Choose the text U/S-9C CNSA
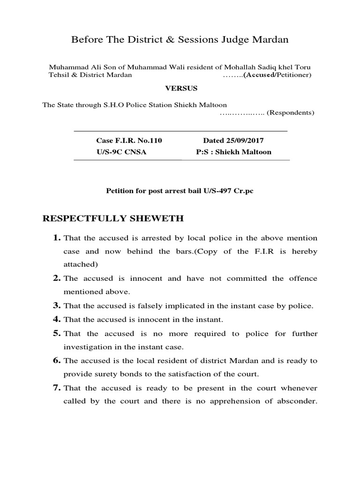pos(118,152)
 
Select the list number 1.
pos(56,238)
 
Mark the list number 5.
pos(56,334)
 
